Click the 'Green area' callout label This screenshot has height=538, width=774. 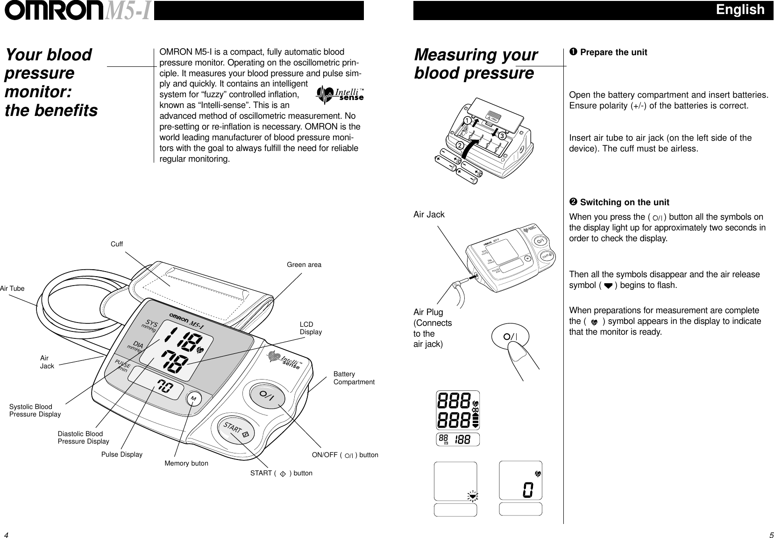pyautogui.click(x=304, y=265)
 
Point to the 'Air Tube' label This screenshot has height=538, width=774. pyautogui.click(x=12, y=288)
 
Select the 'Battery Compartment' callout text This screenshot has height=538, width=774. pyautogui.click(x=354, y=378)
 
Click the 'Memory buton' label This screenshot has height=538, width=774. pyautogui.click(x=186, y=464)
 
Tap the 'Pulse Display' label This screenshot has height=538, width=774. pyautogui.click(x=121, y=454)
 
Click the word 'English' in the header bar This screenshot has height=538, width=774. pyautogui.click(x=740, y=10)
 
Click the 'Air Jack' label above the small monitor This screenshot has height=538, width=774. pyautogui.click(x=429, y=215)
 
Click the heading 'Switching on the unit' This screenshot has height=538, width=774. pyautogui.click(x=624, y=202)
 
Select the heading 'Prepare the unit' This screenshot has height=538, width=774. pyautogui.click(x=613, y=52)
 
